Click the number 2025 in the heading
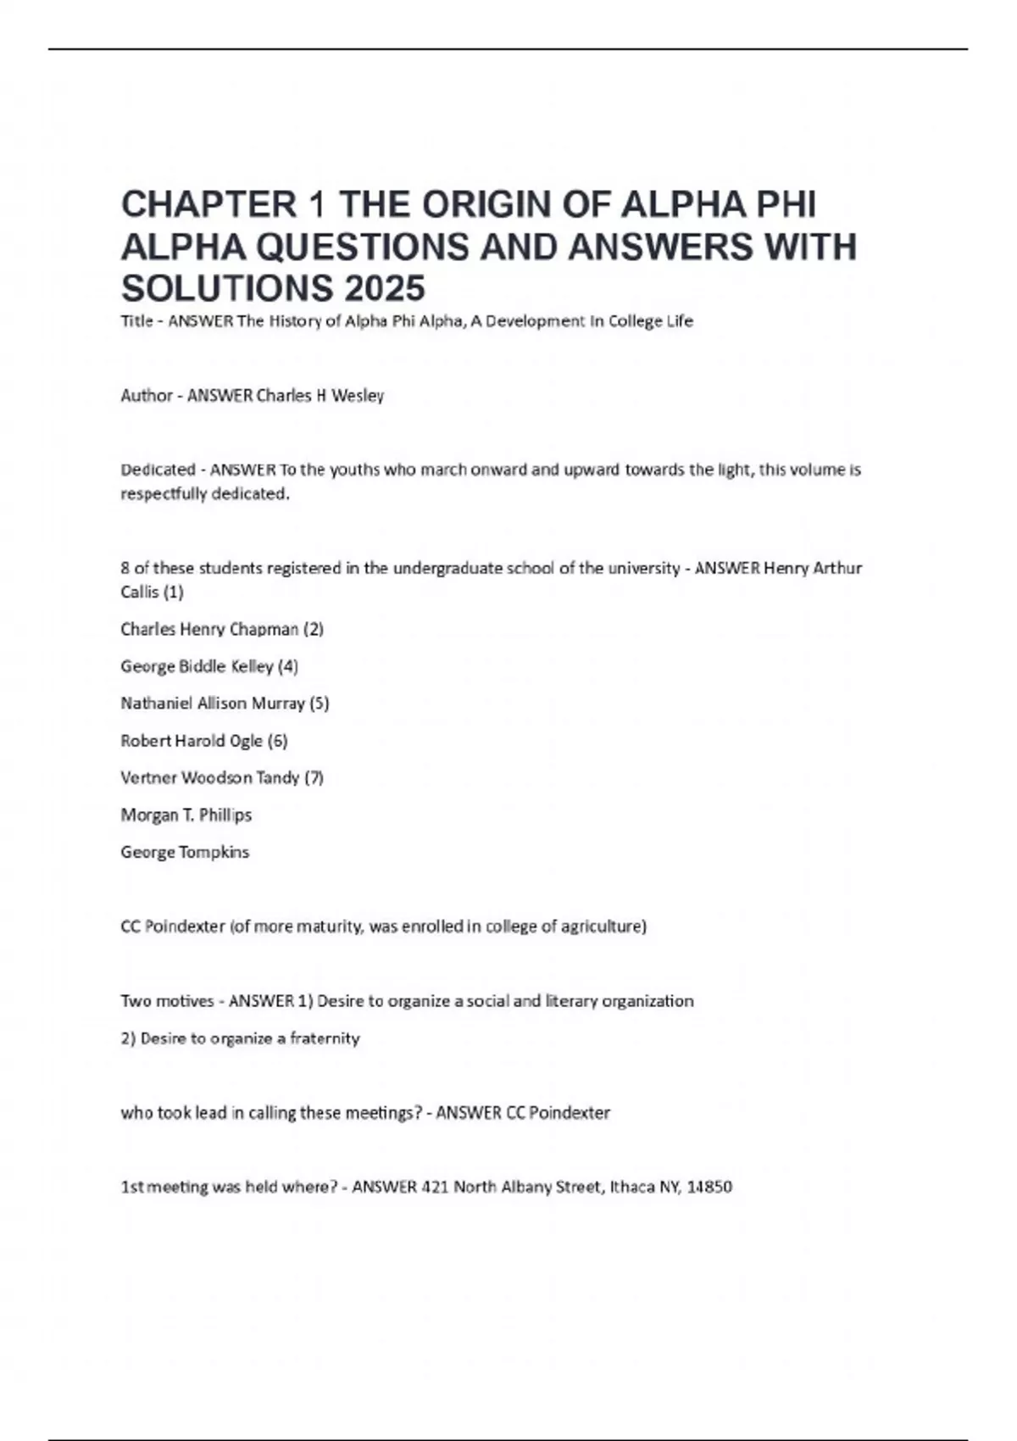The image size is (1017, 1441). pos(385,289)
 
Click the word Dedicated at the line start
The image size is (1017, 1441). pos(158,470)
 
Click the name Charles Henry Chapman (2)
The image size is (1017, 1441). pos(222,629)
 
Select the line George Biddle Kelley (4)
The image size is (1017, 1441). pos(209,666)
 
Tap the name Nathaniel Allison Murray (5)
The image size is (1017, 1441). pos(225,703)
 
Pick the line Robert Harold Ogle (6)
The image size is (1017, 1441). pos(204,740)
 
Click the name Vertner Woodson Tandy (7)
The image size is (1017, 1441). pos(222,777)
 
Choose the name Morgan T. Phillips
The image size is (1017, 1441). pos(186,815)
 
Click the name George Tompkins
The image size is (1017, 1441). pos(185,852)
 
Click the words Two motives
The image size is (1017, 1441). pos(167,1001)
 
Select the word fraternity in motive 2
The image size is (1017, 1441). pos(325,1038)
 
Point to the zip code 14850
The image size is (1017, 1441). pos(709,1187)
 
